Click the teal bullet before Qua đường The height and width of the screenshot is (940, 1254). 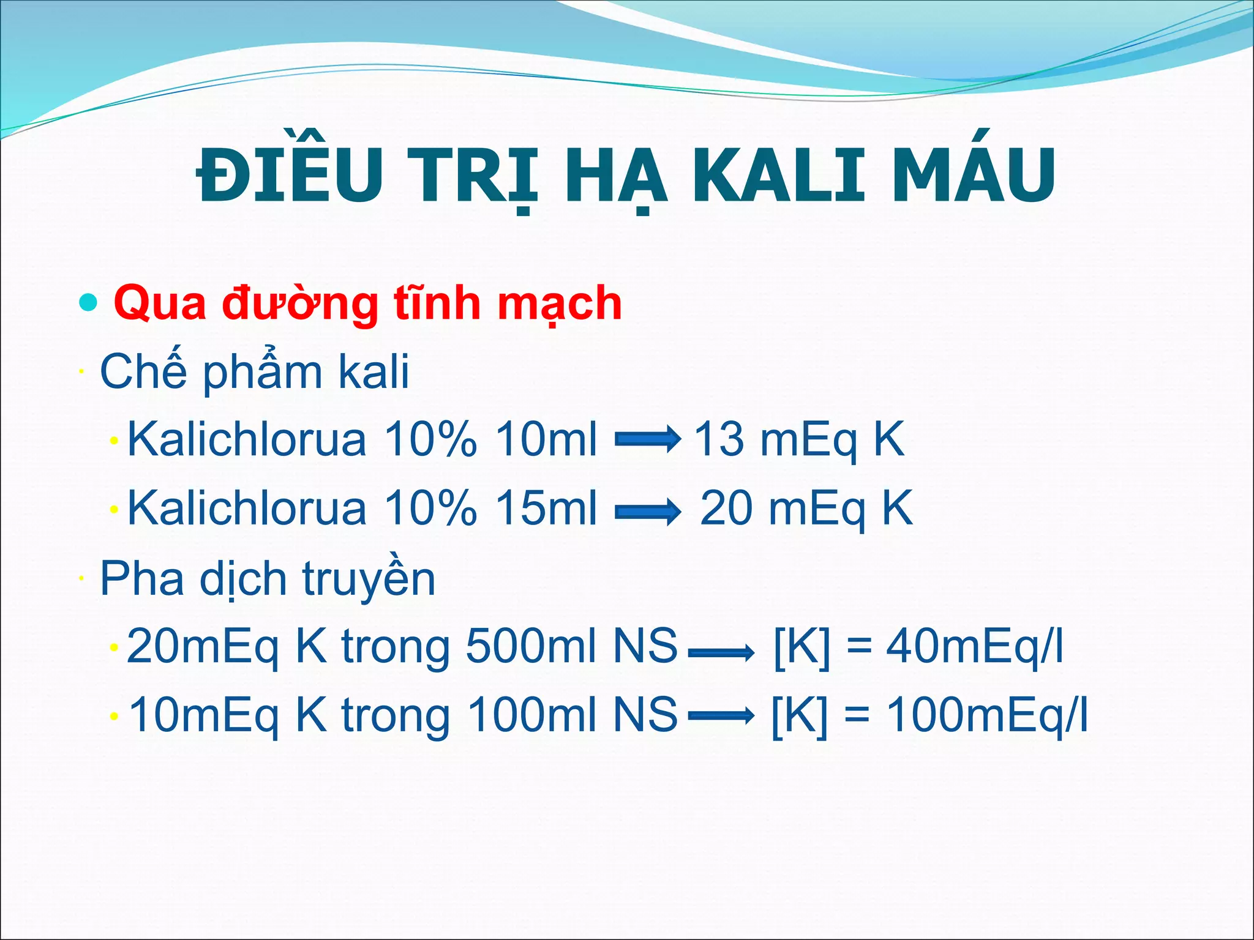89,302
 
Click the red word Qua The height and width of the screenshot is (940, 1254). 160,304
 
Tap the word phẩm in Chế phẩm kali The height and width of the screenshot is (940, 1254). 263,371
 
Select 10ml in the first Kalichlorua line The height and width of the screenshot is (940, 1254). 546,439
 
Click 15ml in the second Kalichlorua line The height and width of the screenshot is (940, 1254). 546,509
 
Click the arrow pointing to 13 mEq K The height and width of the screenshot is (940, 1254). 647,439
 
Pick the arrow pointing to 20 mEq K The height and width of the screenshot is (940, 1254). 647,510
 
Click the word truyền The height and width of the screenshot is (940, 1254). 369,578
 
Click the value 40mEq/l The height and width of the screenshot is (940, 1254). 974,647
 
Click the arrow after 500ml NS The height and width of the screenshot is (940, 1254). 721,653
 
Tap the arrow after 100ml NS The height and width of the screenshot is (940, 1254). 721,715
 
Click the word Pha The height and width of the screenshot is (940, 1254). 141,578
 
